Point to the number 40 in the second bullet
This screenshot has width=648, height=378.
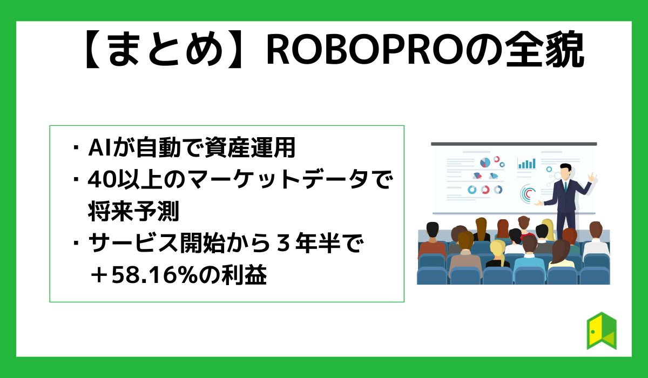click(x=99, y=180)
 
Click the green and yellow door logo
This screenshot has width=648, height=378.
click(x=602, y=330)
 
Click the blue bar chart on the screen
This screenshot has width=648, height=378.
click(x=526, y=163)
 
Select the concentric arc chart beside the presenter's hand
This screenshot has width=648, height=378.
click(x=528, y=193)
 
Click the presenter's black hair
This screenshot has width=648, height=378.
click(x=565, y=166)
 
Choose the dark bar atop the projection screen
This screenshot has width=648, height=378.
click(x=514, y=144)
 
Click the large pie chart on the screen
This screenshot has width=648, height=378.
click(x=485, y=162)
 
